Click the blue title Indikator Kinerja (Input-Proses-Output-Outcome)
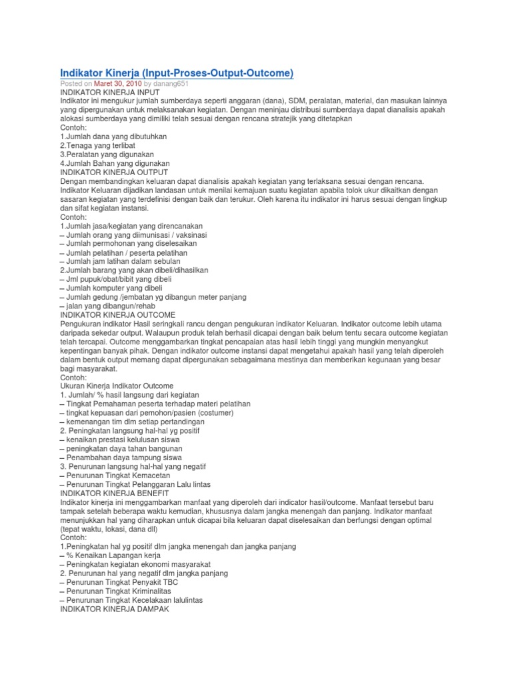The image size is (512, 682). tap(177, 72)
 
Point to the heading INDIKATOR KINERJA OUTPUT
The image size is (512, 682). tap(114, 172)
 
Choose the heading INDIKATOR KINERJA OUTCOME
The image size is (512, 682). tap(118, 314)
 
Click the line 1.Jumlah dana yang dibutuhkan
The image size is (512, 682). tap(113, 137)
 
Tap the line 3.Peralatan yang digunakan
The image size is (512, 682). tap(107, 155)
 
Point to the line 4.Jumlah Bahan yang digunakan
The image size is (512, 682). tap(115, 163)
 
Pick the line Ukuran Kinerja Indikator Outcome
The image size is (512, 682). tap(117, 386)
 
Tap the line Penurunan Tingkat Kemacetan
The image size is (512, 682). tap(118, 475)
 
